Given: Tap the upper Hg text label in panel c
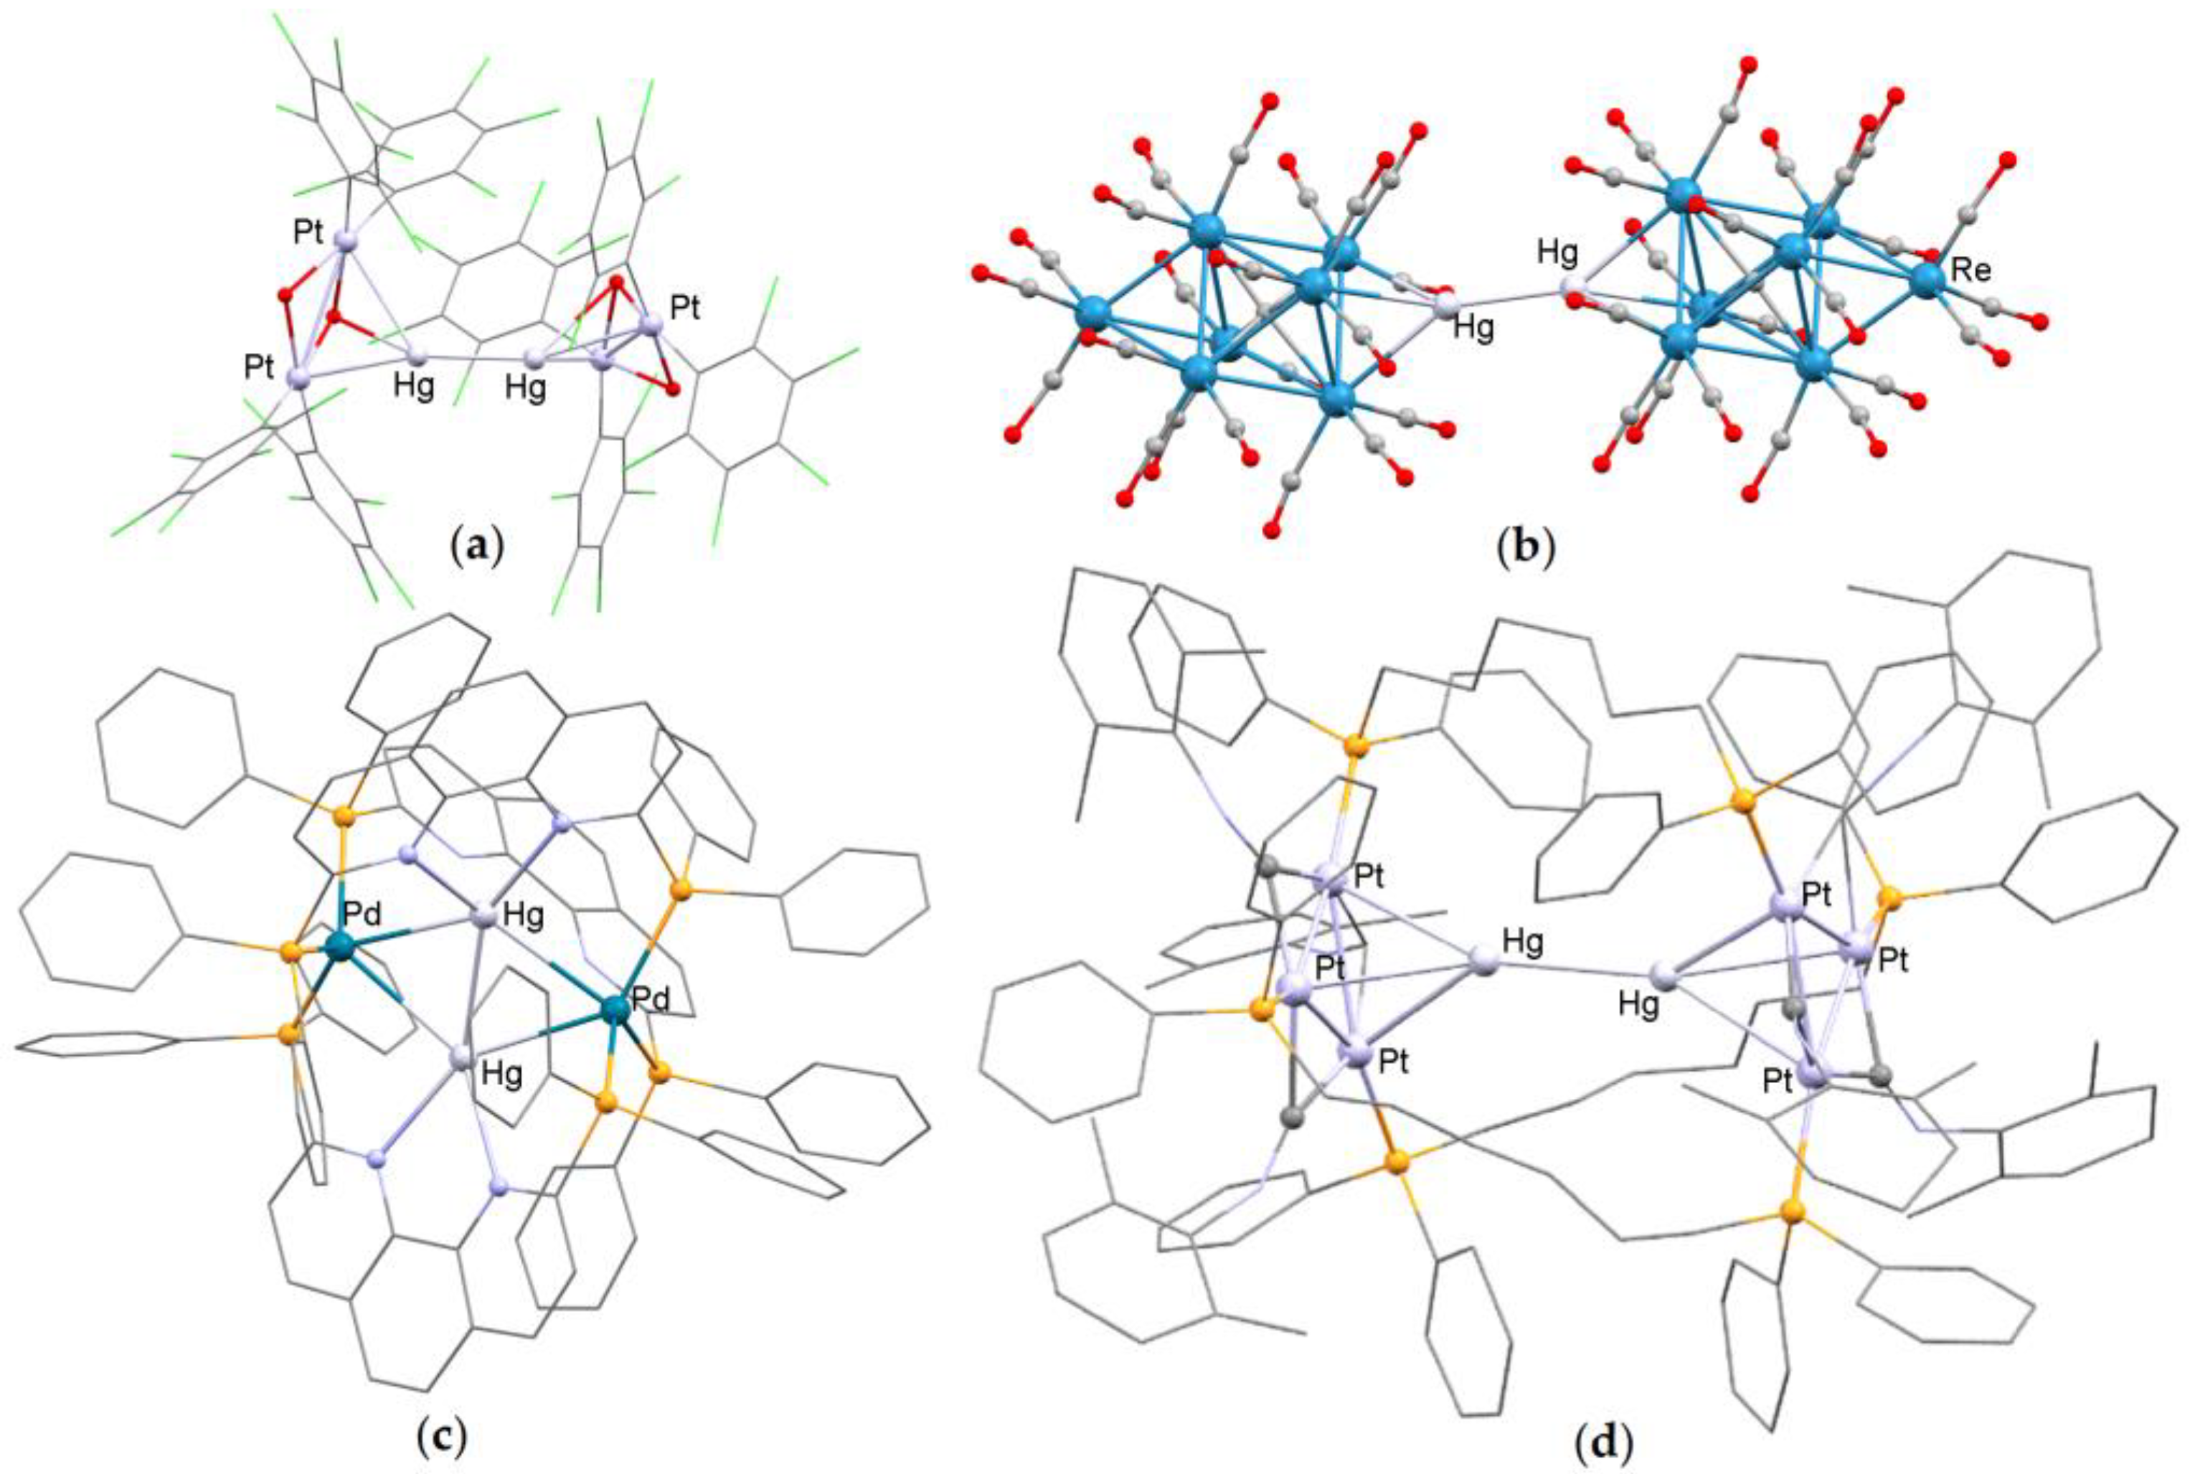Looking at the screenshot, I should [x=524, y=917].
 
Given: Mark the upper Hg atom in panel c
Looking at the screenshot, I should [x=483, y=917].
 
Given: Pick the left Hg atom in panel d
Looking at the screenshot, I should [x=1482, y=963].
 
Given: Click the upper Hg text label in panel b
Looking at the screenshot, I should [x=1557, y=252].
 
